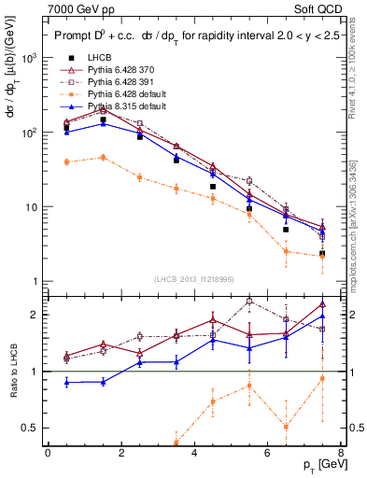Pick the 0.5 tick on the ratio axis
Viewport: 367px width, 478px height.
(x=30, y=428)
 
